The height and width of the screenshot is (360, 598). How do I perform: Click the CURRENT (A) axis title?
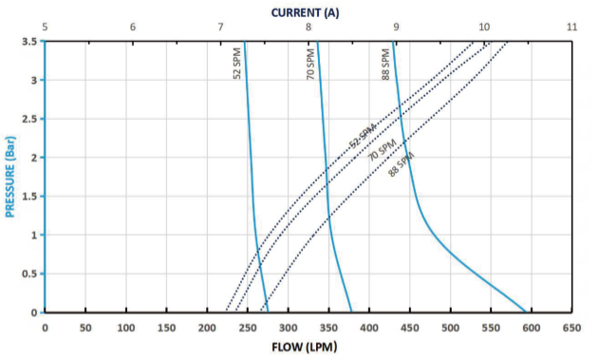[x=305, y=11]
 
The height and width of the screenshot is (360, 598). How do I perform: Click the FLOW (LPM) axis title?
[x=305, y=347]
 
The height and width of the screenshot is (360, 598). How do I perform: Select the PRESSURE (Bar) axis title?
[x=10, y=176]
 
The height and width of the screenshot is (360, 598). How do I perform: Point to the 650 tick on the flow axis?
[x=571, y=327]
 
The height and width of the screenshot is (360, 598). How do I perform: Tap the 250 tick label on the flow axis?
[x=247, y=327]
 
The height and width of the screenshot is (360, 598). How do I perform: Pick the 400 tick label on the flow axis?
[x=368, y=327]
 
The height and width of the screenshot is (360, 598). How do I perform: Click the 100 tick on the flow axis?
[x=125, y=327]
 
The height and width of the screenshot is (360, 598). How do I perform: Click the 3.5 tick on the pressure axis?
[x=28, y=42]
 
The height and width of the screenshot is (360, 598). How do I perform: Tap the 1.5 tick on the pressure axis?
[x=28, y=197]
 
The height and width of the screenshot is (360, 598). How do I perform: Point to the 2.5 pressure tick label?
[x=28, y=119]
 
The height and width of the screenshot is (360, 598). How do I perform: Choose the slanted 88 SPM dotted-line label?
[x=401, y=163]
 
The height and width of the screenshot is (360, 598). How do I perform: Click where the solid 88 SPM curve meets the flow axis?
[x=525, y=312]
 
